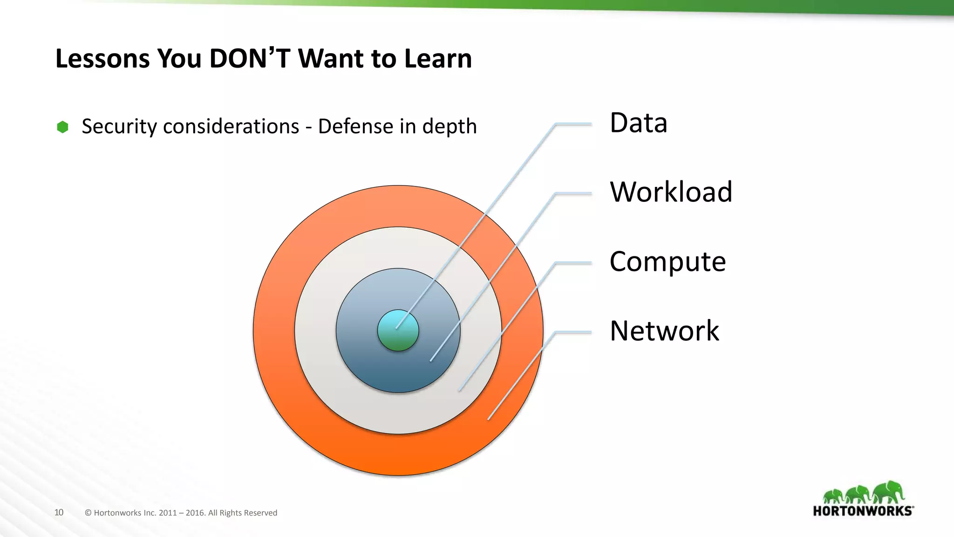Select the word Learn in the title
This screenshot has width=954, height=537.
click(x=438, y=59)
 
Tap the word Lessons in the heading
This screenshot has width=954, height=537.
click(x=102, y=59)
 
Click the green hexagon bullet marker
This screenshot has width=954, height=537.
click(x=62, y=127)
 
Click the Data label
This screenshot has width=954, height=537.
click(x=638, y=123)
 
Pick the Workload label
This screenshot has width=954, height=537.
click(x=671, y=192)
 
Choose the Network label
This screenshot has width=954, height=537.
click(x=664, y=330)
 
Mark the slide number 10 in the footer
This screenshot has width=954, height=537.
click(x=59, y=512)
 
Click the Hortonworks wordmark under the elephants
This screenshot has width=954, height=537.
click(x=863, y=511)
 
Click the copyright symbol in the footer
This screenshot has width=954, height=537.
click(x=88, y=513)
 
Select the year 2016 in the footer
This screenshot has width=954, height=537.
click(x=195, y=513)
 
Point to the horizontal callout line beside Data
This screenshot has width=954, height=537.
click(x=573, y=124)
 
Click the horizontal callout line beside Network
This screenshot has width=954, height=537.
click(x=573, y=332)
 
